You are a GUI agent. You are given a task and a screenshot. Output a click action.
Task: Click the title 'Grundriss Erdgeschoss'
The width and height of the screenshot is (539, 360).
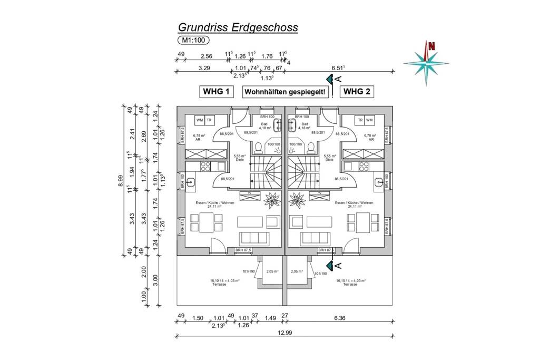[x=238, y=27]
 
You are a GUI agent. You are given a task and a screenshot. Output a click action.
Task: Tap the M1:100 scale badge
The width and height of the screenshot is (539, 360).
[x=193, y=40]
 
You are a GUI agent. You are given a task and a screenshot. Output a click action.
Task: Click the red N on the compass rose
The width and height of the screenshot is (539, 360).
[x=432, y=46]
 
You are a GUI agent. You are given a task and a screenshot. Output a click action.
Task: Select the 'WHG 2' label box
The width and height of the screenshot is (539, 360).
[x=357, y=92]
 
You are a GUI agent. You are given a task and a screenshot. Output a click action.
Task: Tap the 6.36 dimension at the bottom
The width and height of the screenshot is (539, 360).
[x=340, y=317]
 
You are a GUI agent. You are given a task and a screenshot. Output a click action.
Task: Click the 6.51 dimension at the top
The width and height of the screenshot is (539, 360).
[x=339, y=67]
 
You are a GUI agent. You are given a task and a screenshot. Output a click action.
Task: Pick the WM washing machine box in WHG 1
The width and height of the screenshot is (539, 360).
[x=200, y=120]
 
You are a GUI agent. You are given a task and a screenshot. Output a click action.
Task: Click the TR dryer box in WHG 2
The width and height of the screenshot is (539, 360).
[x=360, y=120]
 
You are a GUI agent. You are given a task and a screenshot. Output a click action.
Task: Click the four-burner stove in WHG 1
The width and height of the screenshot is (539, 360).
[x=205, y=166]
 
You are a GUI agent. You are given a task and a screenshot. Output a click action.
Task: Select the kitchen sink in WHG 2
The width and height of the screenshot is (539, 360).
[x=378, y=182]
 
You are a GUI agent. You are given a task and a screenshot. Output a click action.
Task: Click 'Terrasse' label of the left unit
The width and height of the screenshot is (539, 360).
[x=218, y=284]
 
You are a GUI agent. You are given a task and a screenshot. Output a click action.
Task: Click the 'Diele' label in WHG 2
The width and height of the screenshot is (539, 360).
[x=330, y=159]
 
